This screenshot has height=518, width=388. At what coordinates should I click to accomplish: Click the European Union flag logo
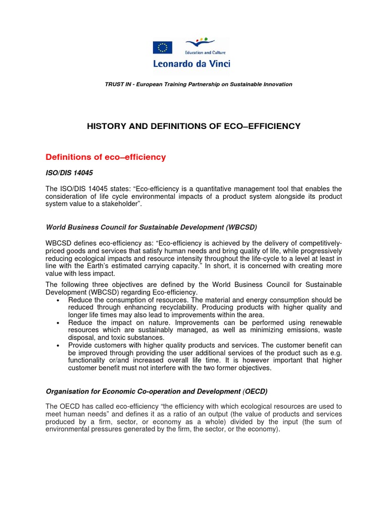pyautogui.click(x=162, y=48)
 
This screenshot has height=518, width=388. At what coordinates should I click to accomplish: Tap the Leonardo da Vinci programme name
pyautogui.click(x=191, y=64)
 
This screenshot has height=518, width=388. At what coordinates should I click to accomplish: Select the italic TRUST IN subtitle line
pyautogui.click(x=198, y=84)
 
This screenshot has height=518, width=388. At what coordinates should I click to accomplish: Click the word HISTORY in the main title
pyautogui.click(x=106, y=126)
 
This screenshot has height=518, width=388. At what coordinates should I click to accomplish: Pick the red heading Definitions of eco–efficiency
pyautogui.click(x=106, y=157)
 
